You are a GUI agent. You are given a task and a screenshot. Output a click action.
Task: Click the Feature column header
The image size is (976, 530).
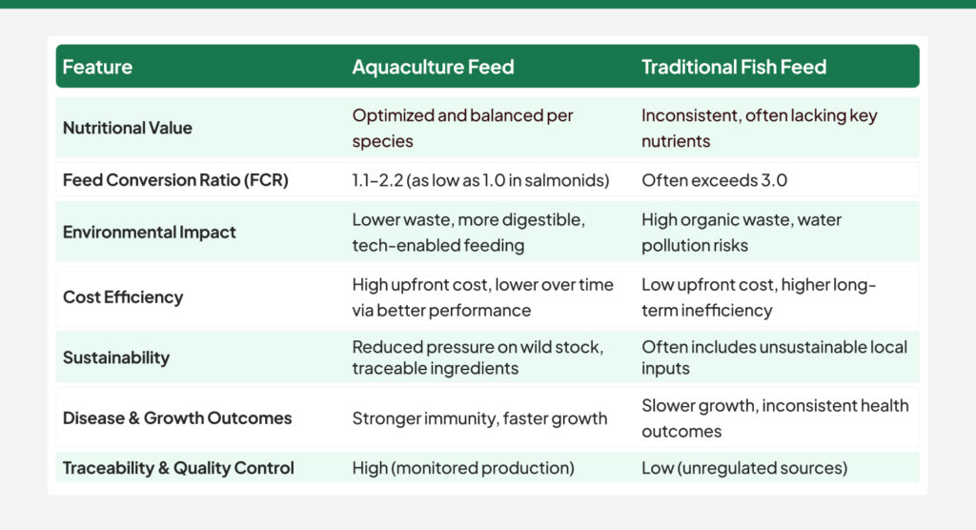coord(97,67)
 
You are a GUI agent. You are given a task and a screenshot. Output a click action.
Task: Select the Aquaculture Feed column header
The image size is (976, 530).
coord(433,67)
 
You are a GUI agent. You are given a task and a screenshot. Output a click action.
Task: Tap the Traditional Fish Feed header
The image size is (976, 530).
coord(734,67)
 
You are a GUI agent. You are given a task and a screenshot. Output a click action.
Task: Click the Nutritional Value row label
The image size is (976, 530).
coord(128,128)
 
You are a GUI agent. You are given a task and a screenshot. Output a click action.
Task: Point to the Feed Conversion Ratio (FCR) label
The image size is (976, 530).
coord(174,179)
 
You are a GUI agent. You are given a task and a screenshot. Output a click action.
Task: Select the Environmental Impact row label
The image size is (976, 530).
coord(150,232)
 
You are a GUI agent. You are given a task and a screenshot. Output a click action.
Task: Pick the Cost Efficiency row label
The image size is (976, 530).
coord(123,296)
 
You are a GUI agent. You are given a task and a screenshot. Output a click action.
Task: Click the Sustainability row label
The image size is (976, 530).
coord(116,357)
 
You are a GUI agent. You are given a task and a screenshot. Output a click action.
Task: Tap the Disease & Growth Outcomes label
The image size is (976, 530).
coord(177,418)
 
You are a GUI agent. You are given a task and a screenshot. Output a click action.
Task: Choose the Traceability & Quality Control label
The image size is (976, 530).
coord(178,468)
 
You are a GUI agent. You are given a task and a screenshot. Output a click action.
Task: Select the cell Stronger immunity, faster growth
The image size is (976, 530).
coord(479,418)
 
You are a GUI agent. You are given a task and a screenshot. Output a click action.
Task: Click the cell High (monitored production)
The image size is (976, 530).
coord(462,468)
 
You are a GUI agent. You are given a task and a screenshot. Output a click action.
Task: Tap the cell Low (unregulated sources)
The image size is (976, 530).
coord(744,468)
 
